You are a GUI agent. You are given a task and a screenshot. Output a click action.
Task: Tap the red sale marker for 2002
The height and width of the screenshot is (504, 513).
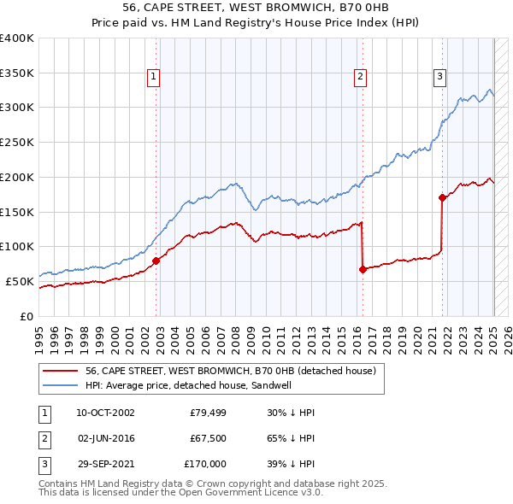pyautogui.click(x=156, y=261)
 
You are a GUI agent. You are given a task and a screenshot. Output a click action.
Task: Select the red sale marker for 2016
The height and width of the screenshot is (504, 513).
pyautogui.click(x=363, y=269)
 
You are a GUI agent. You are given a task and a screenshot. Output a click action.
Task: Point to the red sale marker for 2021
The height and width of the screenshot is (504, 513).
pyautogui.click(x=442, y=197)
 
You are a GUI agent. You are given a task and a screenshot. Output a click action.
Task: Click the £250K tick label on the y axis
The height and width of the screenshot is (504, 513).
pyautogui.click(x=17, y=143)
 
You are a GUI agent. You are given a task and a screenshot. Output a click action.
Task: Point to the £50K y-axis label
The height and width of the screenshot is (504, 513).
pyautogui.click(x=20, y=281)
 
